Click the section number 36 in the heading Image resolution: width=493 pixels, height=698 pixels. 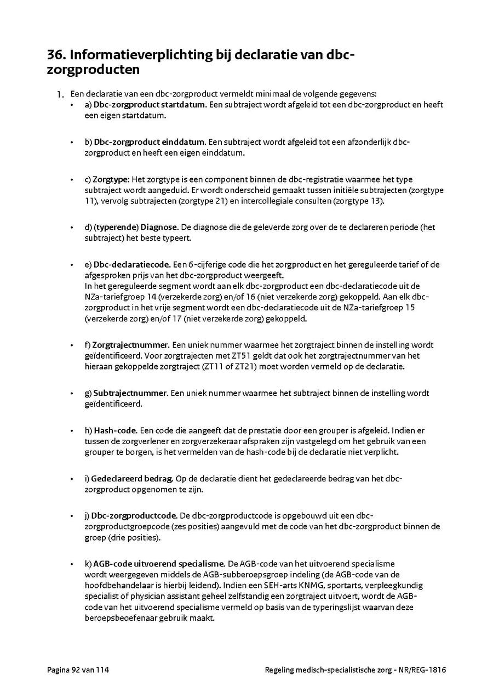(x=55, y=55)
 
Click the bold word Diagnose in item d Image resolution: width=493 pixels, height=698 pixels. (x=159, y=227)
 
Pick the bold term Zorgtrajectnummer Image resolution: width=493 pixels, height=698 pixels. (x=130, y=345)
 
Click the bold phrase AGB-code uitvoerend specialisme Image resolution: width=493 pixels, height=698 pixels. (x=159, y=563)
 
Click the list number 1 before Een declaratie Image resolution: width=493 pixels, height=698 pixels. (x=61, y=94)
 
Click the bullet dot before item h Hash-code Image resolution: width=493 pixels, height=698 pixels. (x=72, y=431)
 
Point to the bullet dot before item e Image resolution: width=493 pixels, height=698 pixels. (x=72, y=265)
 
